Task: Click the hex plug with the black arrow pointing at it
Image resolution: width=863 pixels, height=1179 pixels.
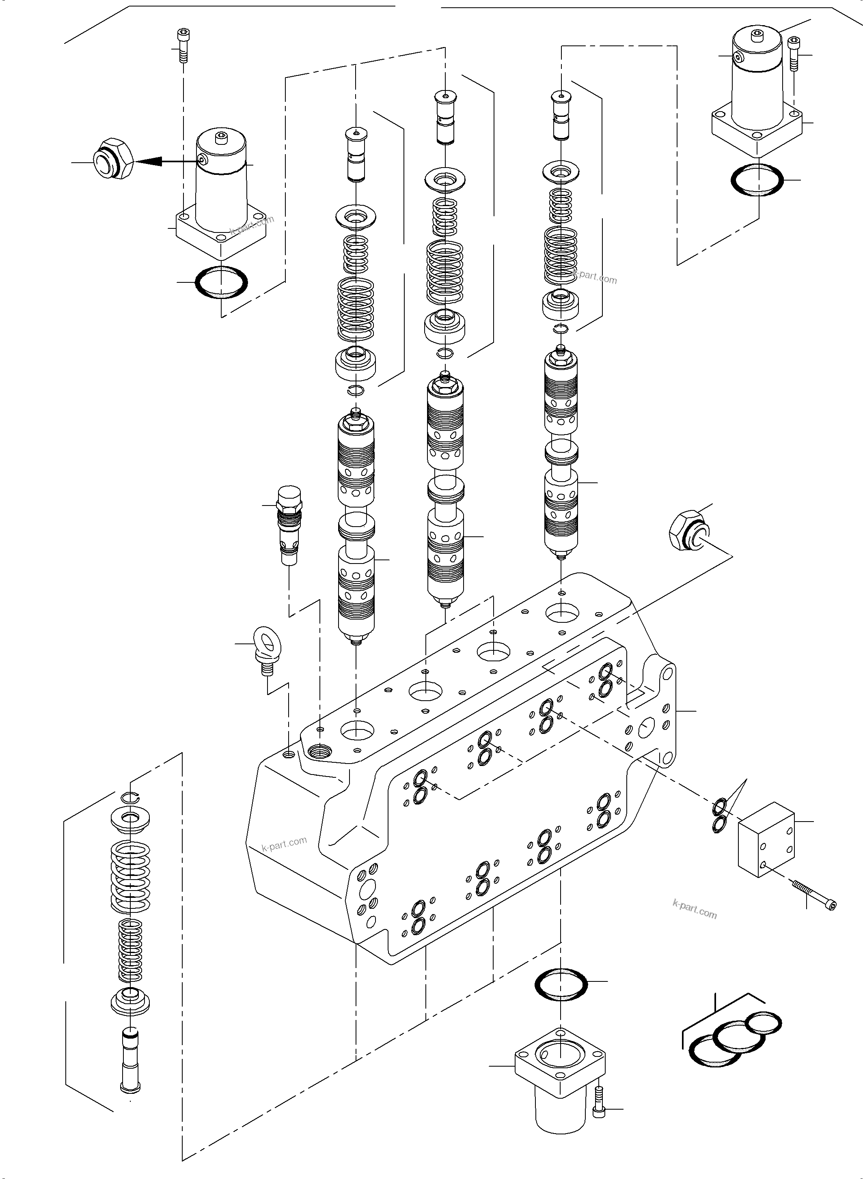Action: pyautogui.click(x=113, y=159)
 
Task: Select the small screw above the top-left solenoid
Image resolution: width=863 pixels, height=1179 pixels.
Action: pyautogui.click(x=182, y=45)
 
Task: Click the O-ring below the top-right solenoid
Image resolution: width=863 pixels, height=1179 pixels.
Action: pyautogui.click(x=757, y=180)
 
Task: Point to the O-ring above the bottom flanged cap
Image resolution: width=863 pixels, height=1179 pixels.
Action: pyautogui.click(x=561, y=984)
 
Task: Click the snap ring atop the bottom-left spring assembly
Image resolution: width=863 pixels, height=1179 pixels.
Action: pyautogui.click(x=129, y=796)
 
